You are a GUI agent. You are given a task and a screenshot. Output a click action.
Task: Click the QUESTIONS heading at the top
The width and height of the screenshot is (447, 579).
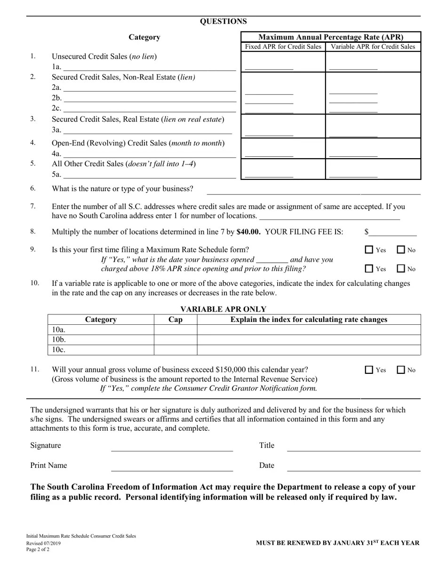223,21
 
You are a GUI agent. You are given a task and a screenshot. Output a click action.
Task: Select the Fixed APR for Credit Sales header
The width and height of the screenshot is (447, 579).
283,47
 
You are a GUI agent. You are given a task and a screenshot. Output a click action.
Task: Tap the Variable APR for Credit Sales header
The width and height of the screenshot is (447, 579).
373,47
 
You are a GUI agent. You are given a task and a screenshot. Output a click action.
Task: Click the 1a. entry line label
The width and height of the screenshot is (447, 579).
56,67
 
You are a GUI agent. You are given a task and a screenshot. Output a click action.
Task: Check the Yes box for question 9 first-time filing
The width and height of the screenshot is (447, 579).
369,250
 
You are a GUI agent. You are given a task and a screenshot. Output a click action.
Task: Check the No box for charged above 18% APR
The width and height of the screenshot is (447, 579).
401,269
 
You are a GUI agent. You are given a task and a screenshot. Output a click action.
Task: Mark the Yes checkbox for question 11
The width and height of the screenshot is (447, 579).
369,370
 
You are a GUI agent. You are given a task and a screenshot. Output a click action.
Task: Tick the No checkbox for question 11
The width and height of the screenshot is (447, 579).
401,370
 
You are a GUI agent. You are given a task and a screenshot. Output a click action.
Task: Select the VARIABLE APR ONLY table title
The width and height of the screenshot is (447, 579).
223,309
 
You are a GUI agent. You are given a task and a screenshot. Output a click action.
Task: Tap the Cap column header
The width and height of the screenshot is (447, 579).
175,320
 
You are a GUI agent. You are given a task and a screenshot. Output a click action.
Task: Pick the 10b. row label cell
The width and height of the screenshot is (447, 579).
101,339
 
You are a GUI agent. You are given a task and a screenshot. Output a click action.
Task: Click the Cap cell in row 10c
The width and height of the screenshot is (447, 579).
175,350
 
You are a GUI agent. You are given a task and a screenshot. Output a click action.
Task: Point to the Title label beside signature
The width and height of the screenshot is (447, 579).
266,445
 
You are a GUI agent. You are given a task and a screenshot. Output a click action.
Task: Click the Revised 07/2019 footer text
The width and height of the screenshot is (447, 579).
43,543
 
